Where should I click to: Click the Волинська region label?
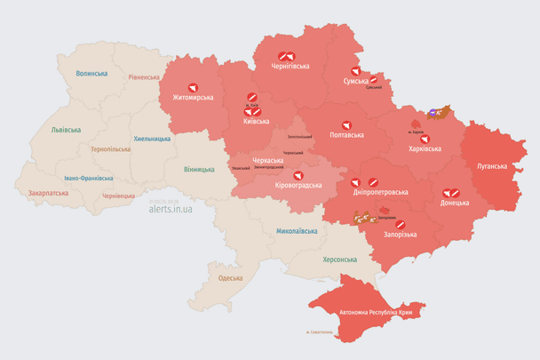(91, 74)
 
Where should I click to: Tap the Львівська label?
(66, 130)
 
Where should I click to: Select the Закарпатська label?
(48, 192)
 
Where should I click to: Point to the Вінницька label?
(199, 169)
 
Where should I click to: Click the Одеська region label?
(230, 278)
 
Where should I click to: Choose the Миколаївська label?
(297, 230)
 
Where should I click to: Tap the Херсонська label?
(338, 259)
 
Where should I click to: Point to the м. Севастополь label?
(319, 332)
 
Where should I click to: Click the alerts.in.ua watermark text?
(171, 208)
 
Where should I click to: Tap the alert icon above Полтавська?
(346, 125)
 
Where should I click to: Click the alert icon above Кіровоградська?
(298, 176)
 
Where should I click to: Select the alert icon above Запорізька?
(400, 225)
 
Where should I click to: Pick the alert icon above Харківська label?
(425, 139)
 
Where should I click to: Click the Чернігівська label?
(290, 66)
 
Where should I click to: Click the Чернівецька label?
(118, 196)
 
